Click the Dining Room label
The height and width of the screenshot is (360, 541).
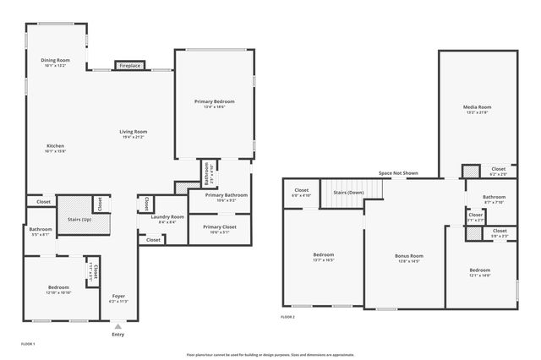coord(55,61)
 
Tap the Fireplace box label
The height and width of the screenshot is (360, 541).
coord(129,65)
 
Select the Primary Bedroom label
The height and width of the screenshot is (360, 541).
coord(214,101)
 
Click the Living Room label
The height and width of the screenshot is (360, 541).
coord(133,132)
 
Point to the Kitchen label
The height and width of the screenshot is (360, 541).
coord(55,147)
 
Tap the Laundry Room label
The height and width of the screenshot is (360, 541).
coord(167,218)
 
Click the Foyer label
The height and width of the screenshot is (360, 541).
coord(118,297)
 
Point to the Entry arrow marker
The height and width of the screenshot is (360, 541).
coord(117,325)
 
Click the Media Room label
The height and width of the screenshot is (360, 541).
coord(477,107)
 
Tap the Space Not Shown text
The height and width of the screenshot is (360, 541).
coord(398,173)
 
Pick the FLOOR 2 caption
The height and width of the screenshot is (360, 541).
coord(288,317)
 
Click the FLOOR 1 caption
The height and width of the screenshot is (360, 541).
coord(28,344)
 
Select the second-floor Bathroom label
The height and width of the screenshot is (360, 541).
coord(494,197)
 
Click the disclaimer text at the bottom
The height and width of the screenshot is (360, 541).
coord(270,355)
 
